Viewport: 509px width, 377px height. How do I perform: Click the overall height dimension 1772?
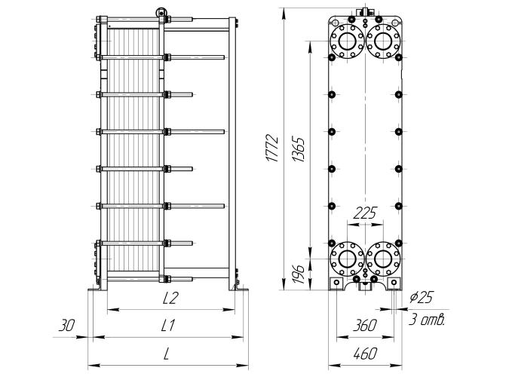click(x=272, y=148)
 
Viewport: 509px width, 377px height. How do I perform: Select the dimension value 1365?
click(x=299, y=149)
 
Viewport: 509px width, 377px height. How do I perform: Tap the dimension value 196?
click(x=298, y=274)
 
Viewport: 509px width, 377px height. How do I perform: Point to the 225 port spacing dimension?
click(x=364, y=213)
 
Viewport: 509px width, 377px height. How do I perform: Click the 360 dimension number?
click(x=365, y=326)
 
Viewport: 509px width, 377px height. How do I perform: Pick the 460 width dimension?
click(x=365, y=354)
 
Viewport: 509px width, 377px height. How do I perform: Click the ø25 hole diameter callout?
click(x=421, y=297)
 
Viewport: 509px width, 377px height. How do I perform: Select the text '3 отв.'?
click(x=426, y=320)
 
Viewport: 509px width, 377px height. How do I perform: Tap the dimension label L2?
click(x=170, y=298)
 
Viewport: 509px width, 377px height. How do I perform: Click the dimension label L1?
click(x=168, y=326)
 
